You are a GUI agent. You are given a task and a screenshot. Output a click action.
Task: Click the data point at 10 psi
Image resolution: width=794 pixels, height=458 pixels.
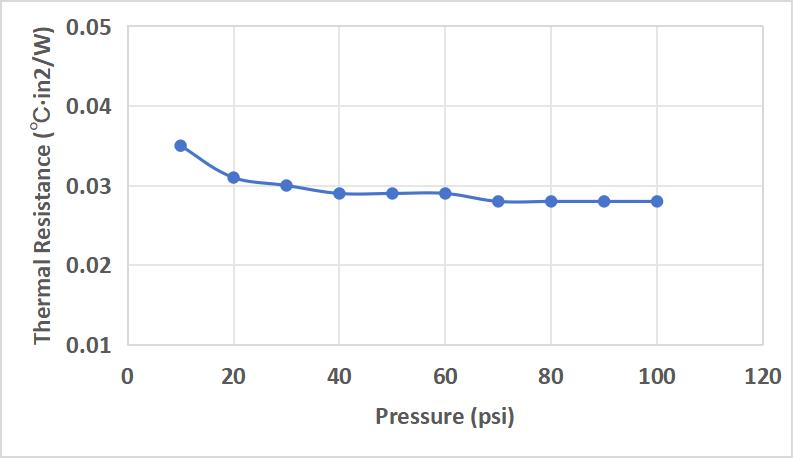coord(181,146)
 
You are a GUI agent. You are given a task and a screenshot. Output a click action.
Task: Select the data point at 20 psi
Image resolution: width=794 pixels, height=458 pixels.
coord(233,178)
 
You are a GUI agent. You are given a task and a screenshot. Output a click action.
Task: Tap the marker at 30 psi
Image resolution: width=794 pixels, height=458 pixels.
coord(286,186)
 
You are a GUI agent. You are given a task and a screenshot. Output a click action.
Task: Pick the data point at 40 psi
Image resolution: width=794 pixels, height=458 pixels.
coord(339,193)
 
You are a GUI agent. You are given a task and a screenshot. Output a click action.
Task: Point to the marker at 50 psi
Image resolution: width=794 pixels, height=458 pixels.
coord(392,193)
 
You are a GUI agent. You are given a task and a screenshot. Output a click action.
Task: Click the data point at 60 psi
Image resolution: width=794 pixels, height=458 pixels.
coord(445,193)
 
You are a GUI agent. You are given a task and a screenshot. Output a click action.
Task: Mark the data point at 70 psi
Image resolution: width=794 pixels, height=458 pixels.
coord(498,201)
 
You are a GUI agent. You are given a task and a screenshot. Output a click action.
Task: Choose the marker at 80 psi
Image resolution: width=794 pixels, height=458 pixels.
coord(551,201)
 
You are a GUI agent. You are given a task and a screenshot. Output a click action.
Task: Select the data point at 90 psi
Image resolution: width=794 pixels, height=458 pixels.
coord(604,201)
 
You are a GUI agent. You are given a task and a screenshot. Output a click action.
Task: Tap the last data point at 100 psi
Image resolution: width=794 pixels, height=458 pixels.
coord(657,201)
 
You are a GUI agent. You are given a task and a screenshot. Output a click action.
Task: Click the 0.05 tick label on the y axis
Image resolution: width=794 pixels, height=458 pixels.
coord(89,27)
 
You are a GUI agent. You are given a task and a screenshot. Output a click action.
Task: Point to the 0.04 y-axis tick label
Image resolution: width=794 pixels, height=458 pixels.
coord(89,106)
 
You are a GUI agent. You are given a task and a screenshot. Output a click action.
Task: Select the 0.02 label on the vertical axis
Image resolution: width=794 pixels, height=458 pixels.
coord(89,266)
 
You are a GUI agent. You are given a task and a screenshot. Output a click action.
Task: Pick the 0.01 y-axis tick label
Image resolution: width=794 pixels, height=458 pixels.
coord(89,345)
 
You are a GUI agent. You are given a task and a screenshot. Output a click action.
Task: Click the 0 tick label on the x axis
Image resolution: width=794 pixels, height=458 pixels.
coord(127,377)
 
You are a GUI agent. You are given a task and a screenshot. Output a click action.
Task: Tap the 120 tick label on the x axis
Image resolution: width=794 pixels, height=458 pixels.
coord(763,377)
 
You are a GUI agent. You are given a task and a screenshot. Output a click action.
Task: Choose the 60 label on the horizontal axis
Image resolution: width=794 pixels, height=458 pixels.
coord(445,377)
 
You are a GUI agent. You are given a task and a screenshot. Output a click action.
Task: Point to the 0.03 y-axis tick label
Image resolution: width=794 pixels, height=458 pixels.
coord(89,186)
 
